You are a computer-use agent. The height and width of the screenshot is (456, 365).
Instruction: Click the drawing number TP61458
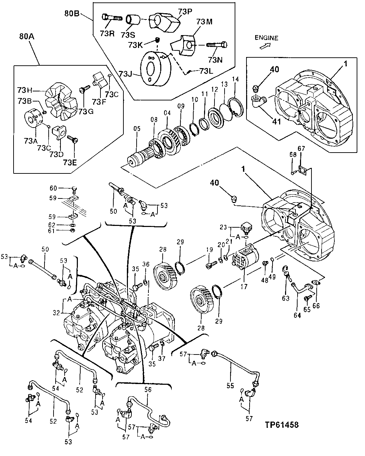(282, 425)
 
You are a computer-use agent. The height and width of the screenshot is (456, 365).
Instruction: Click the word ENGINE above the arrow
(266, 38)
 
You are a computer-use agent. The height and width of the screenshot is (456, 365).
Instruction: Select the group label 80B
(72, 14)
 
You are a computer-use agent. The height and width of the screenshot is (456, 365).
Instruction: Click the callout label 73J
(125, 74)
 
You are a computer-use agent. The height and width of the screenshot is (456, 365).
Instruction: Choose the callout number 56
(148, 390)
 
